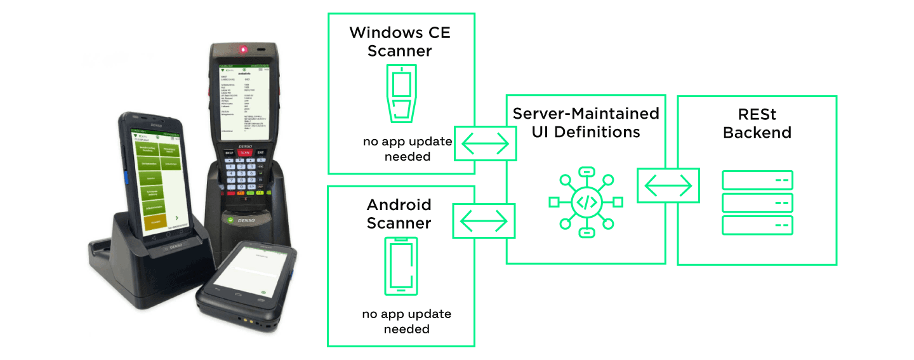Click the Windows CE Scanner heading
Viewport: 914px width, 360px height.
pos(400,41)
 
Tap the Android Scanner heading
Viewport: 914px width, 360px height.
pos(399,214)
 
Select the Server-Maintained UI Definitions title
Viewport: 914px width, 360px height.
pos(586,123)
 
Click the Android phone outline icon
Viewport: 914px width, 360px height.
pos(401,265)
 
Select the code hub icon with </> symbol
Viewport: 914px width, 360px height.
pos(586,202)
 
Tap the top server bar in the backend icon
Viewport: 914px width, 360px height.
pos(757,180)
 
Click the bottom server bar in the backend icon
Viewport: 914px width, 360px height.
pos(757,225)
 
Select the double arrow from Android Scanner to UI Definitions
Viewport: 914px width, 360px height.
pos(484,221)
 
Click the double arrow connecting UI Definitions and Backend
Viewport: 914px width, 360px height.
pos(668,185)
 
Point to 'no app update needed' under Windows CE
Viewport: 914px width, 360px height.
pos(407,149)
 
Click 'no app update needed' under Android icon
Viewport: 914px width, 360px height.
pos(407,321)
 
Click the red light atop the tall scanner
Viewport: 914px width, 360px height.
pos(242,49)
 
